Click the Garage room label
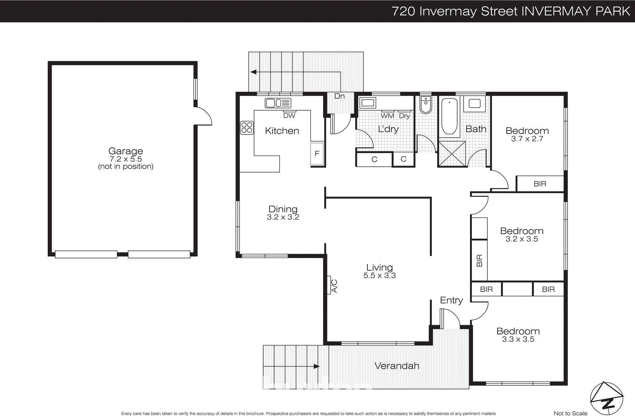[125, 151]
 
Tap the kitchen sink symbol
[278, 103]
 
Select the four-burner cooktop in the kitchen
[246, 128]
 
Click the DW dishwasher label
[289, 116]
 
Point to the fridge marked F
[317, 154]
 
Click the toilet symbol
[425, 105]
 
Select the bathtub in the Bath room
[449, 116]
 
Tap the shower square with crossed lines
[452, 154]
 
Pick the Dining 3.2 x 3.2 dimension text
[283, 217]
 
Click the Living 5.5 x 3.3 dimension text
[379, 275]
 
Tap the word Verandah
[397, 366]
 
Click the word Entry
[451, 300]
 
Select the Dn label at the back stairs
[339, 96]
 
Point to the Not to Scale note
[570, 413]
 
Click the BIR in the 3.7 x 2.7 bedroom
[540, 184]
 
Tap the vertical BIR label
[479, 260]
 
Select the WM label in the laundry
[387, 116]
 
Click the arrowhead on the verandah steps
[316, 366]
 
